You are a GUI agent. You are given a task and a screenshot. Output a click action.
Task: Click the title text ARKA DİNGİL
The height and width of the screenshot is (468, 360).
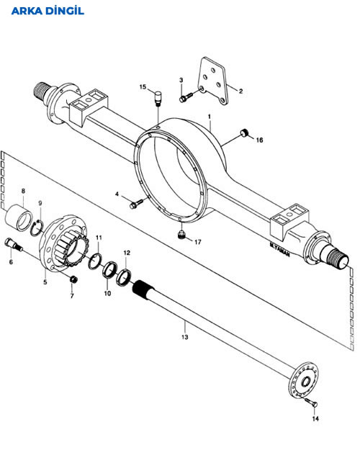click(48, 11)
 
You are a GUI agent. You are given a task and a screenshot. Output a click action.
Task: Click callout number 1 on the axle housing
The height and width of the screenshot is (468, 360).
click(210, 116)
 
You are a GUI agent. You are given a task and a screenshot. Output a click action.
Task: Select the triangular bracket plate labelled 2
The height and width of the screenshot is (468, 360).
click(215, 81)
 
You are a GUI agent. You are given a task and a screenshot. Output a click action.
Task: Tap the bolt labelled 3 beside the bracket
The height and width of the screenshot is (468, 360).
click(186, 97)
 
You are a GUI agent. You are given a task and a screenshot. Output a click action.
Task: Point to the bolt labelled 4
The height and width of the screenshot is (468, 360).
click(136, 204)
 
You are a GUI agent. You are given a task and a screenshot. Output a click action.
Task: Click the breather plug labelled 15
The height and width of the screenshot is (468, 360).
click(158, 98)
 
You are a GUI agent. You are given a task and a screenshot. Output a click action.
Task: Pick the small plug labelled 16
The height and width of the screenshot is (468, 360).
click(245, 132)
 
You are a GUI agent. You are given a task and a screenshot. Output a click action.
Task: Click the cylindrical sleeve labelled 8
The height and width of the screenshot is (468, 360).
click(19, 217)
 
